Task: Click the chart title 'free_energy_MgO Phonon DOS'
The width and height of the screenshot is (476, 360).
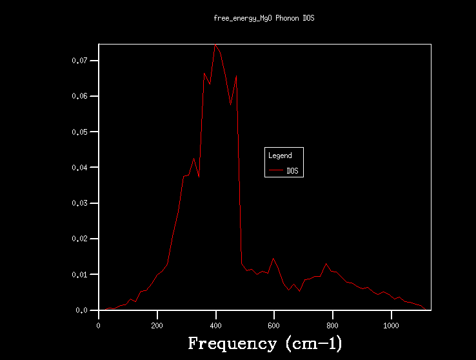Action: (x=264, y=18)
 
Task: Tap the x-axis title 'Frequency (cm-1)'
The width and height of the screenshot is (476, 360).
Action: (x=264, y=343)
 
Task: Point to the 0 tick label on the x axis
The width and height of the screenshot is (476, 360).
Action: (x=99, y=326)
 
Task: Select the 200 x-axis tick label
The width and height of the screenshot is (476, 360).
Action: (x=157, y=326)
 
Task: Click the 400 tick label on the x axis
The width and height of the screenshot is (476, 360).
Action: (x=216, y=326)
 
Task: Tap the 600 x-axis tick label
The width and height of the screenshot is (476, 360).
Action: (x=274, y=326)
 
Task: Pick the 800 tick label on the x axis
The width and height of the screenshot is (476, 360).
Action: (x=333, y=326)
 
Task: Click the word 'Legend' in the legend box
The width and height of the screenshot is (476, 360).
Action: (x=280, y=155)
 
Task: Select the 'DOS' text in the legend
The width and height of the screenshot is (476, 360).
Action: (x=293, y=171)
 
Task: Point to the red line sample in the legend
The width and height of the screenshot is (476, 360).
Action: (x=276, y=171)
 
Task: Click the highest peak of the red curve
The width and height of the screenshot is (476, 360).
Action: (x=215, y=45)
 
